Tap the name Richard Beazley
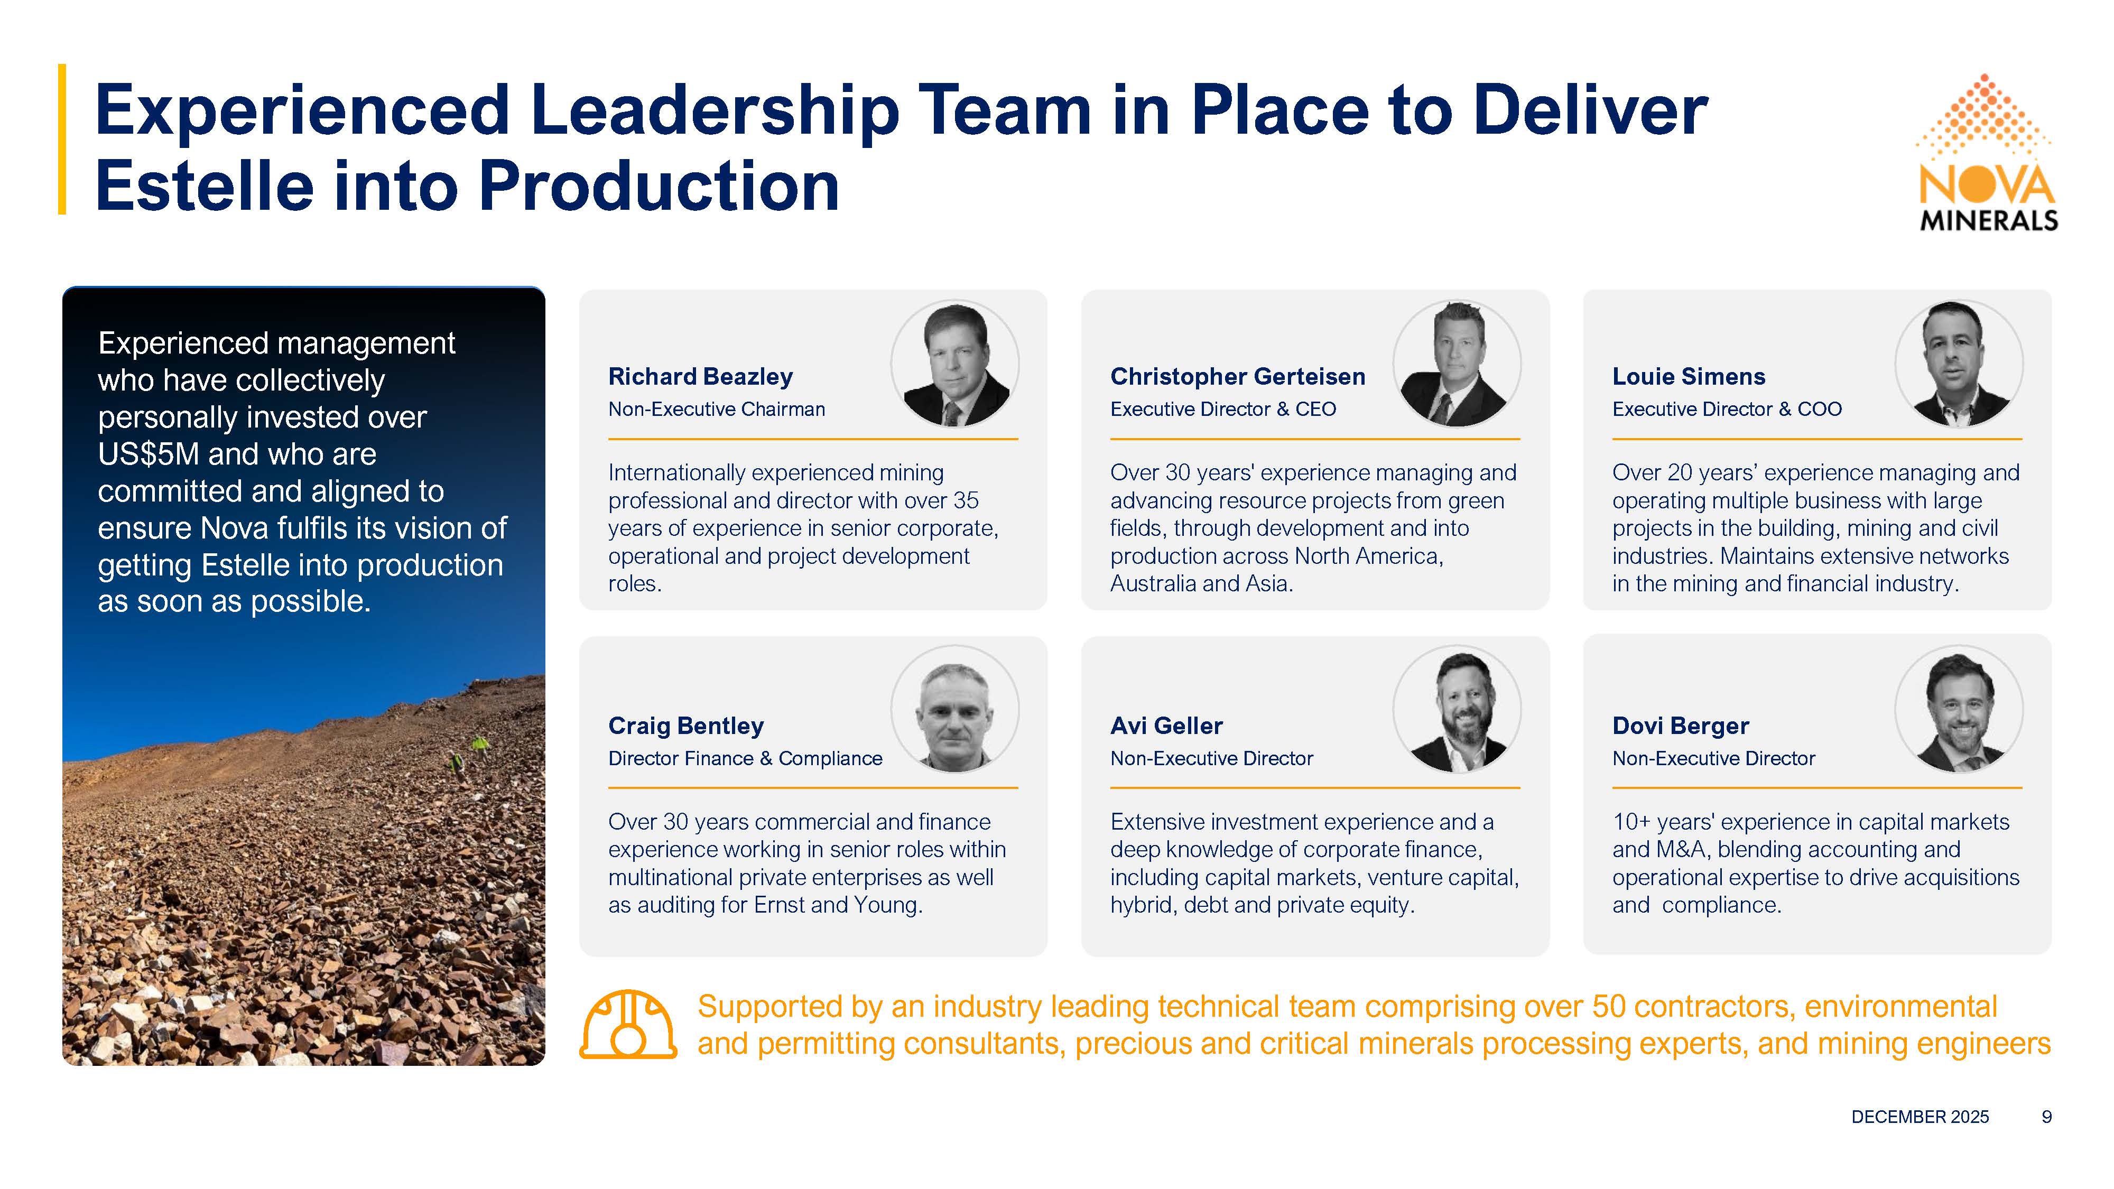tap(700, 377)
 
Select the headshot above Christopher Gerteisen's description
tap(1457, 364)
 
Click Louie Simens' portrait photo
tap(1959, 364)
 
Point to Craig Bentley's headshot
tap(954, 709)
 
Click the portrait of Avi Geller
tap(1457, 709)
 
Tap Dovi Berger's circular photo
tap(1959, 709)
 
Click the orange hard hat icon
tap(628, 1024)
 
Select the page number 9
tap(2047, 1117)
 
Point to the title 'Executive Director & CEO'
tap(1223, 410)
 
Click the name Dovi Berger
tap(1681, 726)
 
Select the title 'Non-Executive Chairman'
tap(717, 410)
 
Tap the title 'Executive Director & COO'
tap(1727, 410)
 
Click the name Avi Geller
tap(1166, 726)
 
